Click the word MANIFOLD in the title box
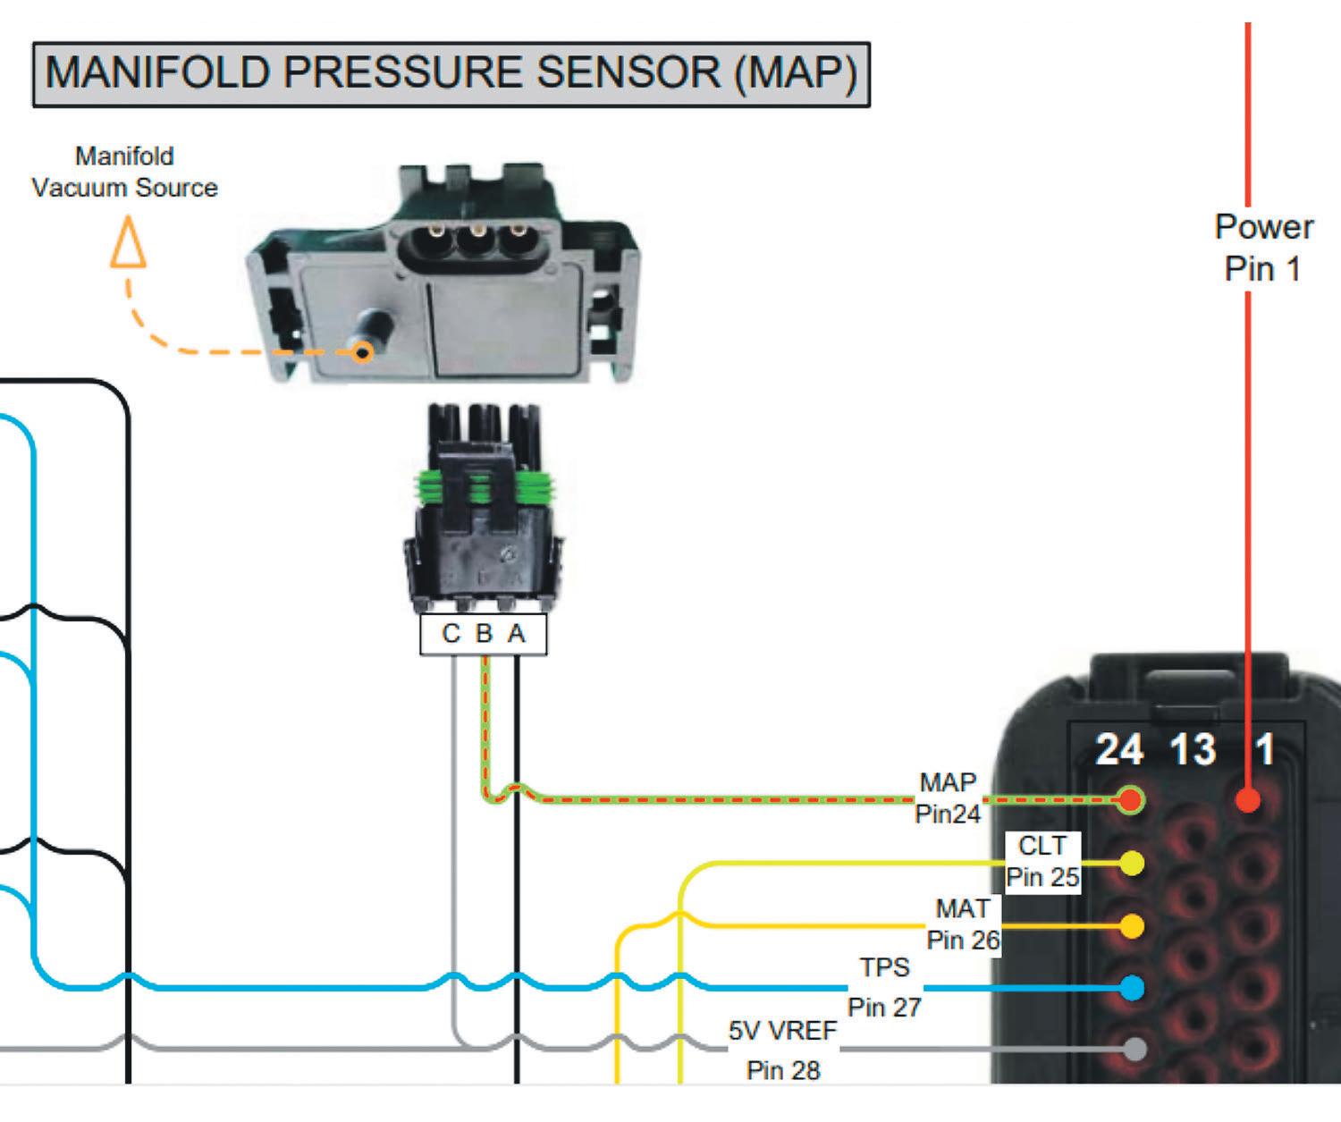[157, 72]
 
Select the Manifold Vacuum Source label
[124, 173]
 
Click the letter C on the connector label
[451, 634]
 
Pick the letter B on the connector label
[484, 634]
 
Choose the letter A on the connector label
[517, 634]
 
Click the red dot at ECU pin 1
[1248, 800]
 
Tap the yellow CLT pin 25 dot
[1132, 863]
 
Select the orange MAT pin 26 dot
[1132, 926]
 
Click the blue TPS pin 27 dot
[1133, 988]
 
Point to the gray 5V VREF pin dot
[1134, 1049]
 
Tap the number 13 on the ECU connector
[1193, 749]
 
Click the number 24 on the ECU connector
[1119, 749]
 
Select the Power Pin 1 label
[1263, 248]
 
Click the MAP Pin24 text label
[948, 797]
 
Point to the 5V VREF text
[782, 1031]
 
